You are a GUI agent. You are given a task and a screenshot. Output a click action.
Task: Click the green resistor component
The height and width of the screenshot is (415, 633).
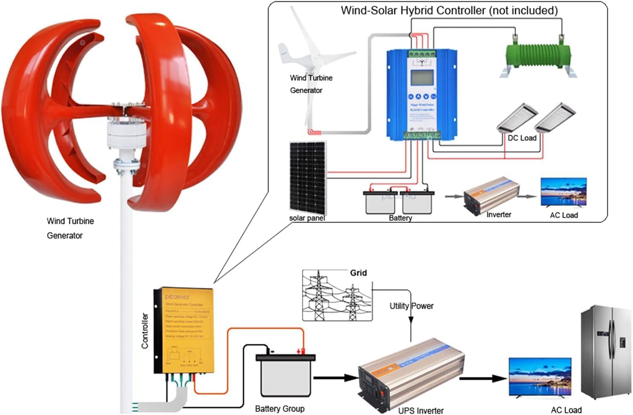click(538, 55)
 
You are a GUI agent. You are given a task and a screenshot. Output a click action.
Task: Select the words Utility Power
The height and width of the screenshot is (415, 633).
click(411, 306)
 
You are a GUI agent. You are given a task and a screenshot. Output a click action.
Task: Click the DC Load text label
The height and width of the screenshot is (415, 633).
click(522, 138)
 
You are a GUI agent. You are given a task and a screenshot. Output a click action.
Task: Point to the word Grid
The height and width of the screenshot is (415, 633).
click(358, 273)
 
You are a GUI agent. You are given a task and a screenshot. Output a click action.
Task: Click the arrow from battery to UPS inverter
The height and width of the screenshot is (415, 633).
click(336, 378)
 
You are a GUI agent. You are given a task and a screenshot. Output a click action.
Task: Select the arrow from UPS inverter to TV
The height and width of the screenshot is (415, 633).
click(483, 378)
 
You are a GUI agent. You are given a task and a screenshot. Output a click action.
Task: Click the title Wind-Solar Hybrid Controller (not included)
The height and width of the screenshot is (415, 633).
click(449, 10)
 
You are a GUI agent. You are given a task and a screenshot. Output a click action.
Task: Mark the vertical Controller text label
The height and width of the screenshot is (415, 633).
click(145, 331)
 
